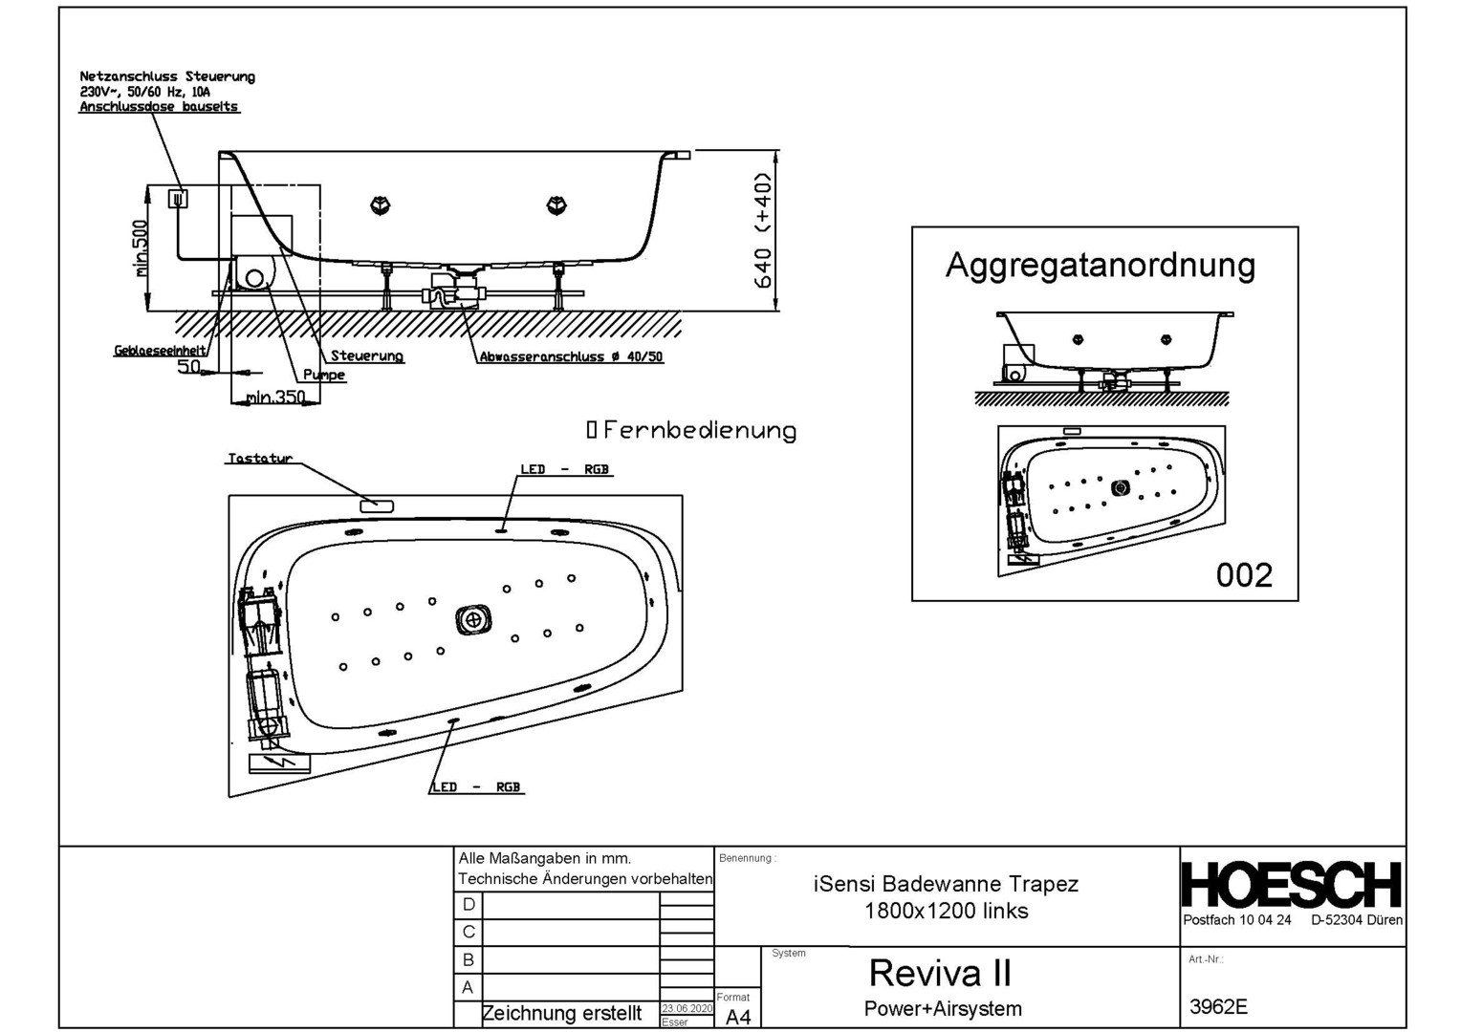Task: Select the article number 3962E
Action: click(x=1218, y=1006)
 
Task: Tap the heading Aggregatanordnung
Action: click(x=1100, y=265)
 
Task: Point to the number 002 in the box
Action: click(x=1244, y=574)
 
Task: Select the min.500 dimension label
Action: click(x=141, y=248)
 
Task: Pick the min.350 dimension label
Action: click(x=275, y=397)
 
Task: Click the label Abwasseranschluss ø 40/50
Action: click(x=571, y=357)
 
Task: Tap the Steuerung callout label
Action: click(x=366, y=356)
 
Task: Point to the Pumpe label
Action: click(x=324, y=376)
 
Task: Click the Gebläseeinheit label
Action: click(x=160, y=351)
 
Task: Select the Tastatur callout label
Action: click(x=259, y=459)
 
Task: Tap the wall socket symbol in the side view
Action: click(x=178, y=199)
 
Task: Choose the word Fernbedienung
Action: click(x=700, y=431)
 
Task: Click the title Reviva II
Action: click(x=939, y=973)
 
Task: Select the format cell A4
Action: click(x=738, y=1017)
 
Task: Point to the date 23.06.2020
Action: click(x=687, y=1008)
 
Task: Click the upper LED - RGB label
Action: click(x=564, y=469)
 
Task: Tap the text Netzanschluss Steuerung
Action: click(x=167, y=76)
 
